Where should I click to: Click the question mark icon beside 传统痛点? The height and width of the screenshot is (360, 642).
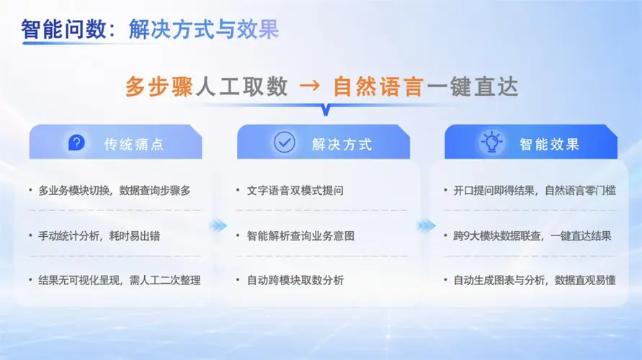click(76, 143)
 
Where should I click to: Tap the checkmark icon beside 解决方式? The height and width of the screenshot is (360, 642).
click(284, 143)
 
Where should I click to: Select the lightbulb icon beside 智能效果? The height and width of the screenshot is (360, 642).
click(491, 142)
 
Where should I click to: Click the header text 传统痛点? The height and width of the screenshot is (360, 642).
click(134, 144)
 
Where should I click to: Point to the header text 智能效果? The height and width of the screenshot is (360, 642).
click(550, 144)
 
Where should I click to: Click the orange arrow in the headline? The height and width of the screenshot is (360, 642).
click(310, 86)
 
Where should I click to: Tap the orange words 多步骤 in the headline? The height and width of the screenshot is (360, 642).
click(159, 86)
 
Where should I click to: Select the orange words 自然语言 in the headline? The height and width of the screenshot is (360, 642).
click(378, 86)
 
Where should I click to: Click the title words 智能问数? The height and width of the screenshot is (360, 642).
click(64, 30)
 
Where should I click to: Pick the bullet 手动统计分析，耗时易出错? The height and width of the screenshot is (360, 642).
click(99, 236)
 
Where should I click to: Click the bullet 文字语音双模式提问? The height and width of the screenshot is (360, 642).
click(295, 191)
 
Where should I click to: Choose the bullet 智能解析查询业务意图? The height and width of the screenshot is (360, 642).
click(300, 236)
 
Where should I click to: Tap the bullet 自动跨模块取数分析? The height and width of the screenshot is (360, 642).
click(295, 281)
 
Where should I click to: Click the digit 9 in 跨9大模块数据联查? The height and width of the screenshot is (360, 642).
click(468, 236)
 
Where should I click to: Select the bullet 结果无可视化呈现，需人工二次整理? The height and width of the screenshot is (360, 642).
click(120, 281)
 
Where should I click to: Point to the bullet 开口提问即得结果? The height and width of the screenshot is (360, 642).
click(494, 191)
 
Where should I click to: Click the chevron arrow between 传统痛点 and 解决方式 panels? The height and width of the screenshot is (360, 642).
click(218, 225)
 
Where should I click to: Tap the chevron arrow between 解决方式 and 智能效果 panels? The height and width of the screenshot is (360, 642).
click(427, 225)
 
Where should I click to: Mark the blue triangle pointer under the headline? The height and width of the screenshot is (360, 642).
click(326, 110)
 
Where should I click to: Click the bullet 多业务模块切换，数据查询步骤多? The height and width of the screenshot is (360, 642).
click(115, 191)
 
